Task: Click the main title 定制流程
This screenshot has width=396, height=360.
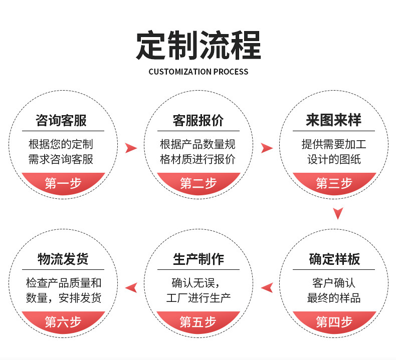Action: pyautogui.click(x=198, y=46)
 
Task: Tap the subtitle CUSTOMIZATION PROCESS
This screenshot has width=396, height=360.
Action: pyautogui.click(x=198, y=72)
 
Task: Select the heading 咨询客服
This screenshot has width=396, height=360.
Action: pyautogui.click(x=62, y=121)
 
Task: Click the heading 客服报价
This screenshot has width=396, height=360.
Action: pyautogui.click(x=198, y=121)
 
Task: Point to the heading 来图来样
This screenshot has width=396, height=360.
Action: pyautogui.click(x=333, y=121)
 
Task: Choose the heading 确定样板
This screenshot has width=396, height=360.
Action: pyautogui.click(x=334, y=259)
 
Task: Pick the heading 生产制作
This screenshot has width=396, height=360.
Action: pyautogui.click(x=198, y=259)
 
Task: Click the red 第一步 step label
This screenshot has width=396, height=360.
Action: pyautogui.click(x=63, y=183)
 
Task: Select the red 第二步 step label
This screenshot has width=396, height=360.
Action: pyautogui.click(x=198, y=183)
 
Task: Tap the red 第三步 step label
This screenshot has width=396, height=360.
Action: pyautogui.click(x=334, y=183)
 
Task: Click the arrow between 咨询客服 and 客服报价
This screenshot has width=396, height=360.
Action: pyautogui.click(x=131, y=148)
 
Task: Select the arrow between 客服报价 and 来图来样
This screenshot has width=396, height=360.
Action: pyautogui.click(x=267, y=148)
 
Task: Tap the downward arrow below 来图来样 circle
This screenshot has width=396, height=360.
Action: pyautogui.click(x=338, y=213)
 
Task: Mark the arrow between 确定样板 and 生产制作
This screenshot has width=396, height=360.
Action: pyautogui.click(x=267, y=287)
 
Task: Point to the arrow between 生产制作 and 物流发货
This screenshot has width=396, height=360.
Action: pyautogui.click(x=131, y=287)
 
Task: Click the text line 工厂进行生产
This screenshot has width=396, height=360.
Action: pyautogui.click(x=198, y=298)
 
